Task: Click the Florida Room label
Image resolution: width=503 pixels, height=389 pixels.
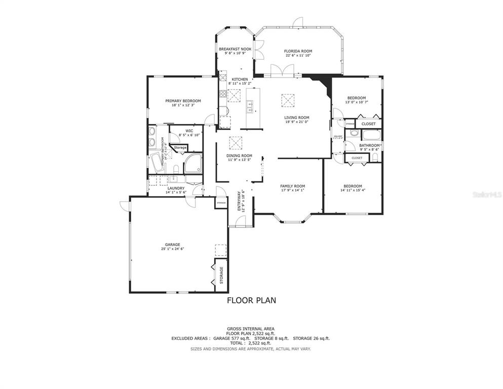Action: pyautogui.click(x=298, y=51)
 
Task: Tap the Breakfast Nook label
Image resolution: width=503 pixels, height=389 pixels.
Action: pyautogui.click(x=235, y=49)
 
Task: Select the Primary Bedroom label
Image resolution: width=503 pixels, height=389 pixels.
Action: pyautogui.click(x=183, y=101)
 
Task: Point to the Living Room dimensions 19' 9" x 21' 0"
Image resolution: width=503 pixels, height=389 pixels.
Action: pyautogui.click(x=296, y=122)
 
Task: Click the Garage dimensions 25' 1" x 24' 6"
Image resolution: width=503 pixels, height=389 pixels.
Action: pyautogui.click(x=172, y=249)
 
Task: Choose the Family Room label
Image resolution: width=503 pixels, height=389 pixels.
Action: pyautogui.click(x=293, y=186)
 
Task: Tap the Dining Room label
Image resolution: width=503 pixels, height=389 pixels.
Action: pyautogui.click(x=239, y=155)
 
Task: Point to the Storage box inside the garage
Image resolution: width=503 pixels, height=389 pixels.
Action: pyautogui.click(x=221, y=275)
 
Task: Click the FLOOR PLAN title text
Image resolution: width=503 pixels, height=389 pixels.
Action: pyautogui.click(x=251, y=300)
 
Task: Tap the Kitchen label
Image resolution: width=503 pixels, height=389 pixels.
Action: pyautogui.click(x=240, y=80)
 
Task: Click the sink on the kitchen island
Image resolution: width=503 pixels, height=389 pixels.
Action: pyautogui.click(x=250, y=107)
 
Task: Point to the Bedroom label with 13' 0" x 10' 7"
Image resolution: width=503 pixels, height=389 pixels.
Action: pyautogui.click(x=356, y=98)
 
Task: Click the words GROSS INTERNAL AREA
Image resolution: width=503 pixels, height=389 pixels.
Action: pyautogui.click(x=251, y=329)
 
